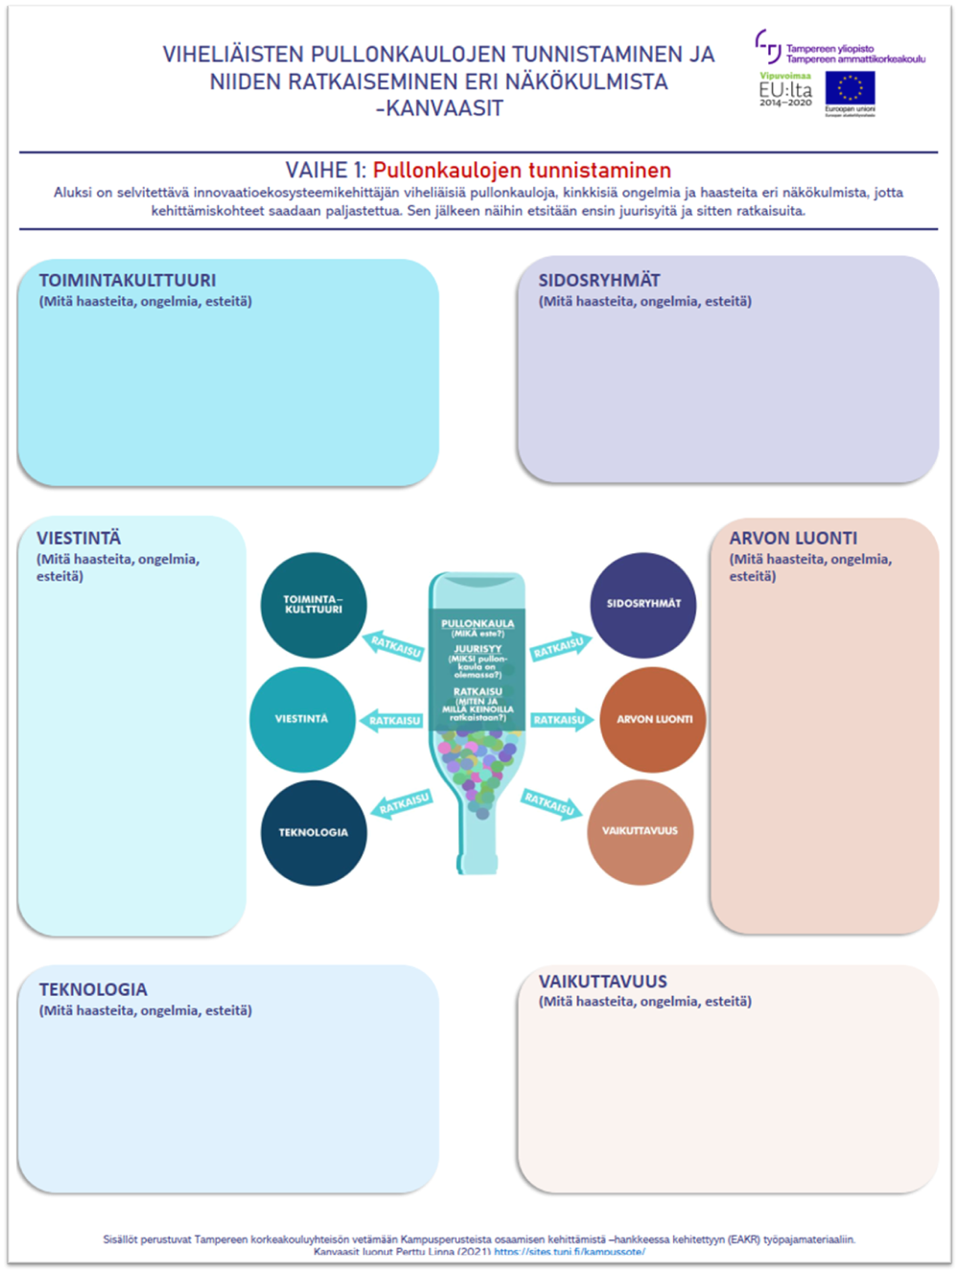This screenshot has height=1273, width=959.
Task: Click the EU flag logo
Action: [x=850, y=88]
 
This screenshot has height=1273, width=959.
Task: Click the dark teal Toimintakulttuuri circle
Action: [x=314, y=605]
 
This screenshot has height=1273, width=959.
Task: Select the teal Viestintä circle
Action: [x=302, y=719]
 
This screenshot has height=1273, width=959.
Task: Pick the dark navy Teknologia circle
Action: [x=314, y=832]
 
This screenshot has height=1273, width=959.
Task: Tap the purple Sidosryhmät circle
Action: [x=643, y=604]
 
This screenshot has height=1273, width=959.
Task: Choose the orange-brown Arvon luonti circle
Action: [x=653, y=719]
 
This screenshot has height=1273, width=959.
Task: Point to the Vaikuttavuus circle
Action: [x=640, y=831]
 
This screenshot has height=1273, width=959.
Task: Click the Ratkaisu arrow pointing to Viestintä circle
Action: [x=393, y=720]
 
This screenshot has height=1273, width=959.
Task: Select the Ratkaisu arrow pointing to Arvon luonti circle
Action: [x=561, y=720]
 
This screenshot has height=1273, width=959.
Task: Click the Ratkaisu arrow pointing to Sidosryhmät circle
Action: [x=559, y=647]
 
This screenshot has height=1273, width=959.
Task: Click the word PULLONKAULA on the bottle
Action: [x=478, y=624]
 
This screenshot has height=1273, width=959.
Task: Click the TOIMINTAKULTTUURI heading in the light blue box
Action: [x=128, y=280]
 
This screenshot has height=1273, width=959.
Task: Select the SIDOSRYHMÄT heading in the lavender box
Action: [x=599, y=280]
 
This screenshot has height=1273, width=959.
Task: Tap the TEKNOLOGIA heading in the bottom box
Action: [x=93, y=989]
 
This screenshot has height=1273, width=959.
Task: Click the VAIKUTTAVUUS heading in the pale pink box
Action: [x=602, y=982]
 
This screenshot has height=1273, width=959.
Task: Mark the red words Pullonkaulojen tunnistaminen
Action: [x=522, y=171]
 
